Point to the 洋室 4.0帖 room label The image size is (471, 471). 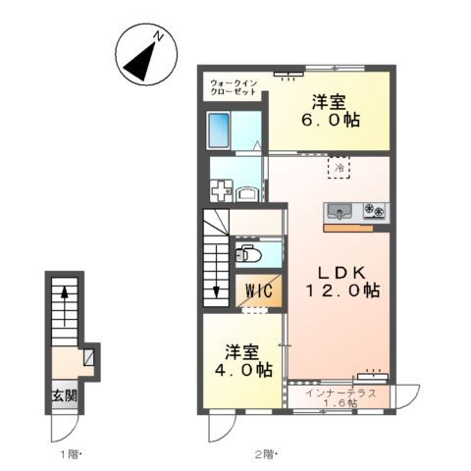pyautogui.click(x=246, y=360)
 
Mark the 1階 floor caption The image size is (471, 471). pyautogui.click(x=69, y=454)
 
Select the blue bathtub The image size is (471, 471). pyautogui.click(x=220, y=131)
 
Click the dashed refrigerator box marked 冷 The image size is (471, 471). pyautogui.click(x=337, y=169)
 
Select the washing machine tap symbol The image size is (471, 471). pyautogui.click(x=223, y=189)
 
